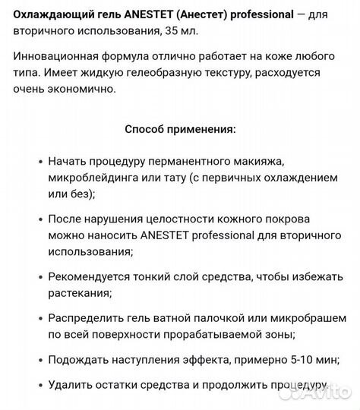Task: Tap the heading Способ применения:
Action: click(x=180, y=128)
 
